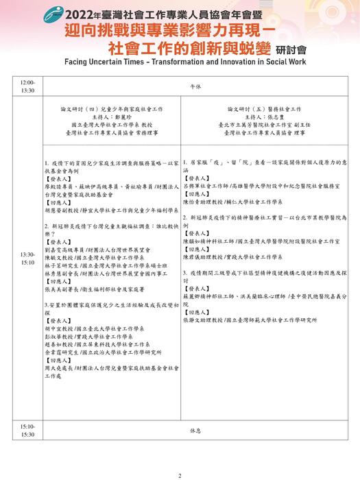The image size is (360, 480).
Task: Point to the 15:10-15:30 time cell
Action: pos(27,430)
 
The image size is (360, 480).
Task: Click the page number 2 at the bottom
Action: pos(180,474)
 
